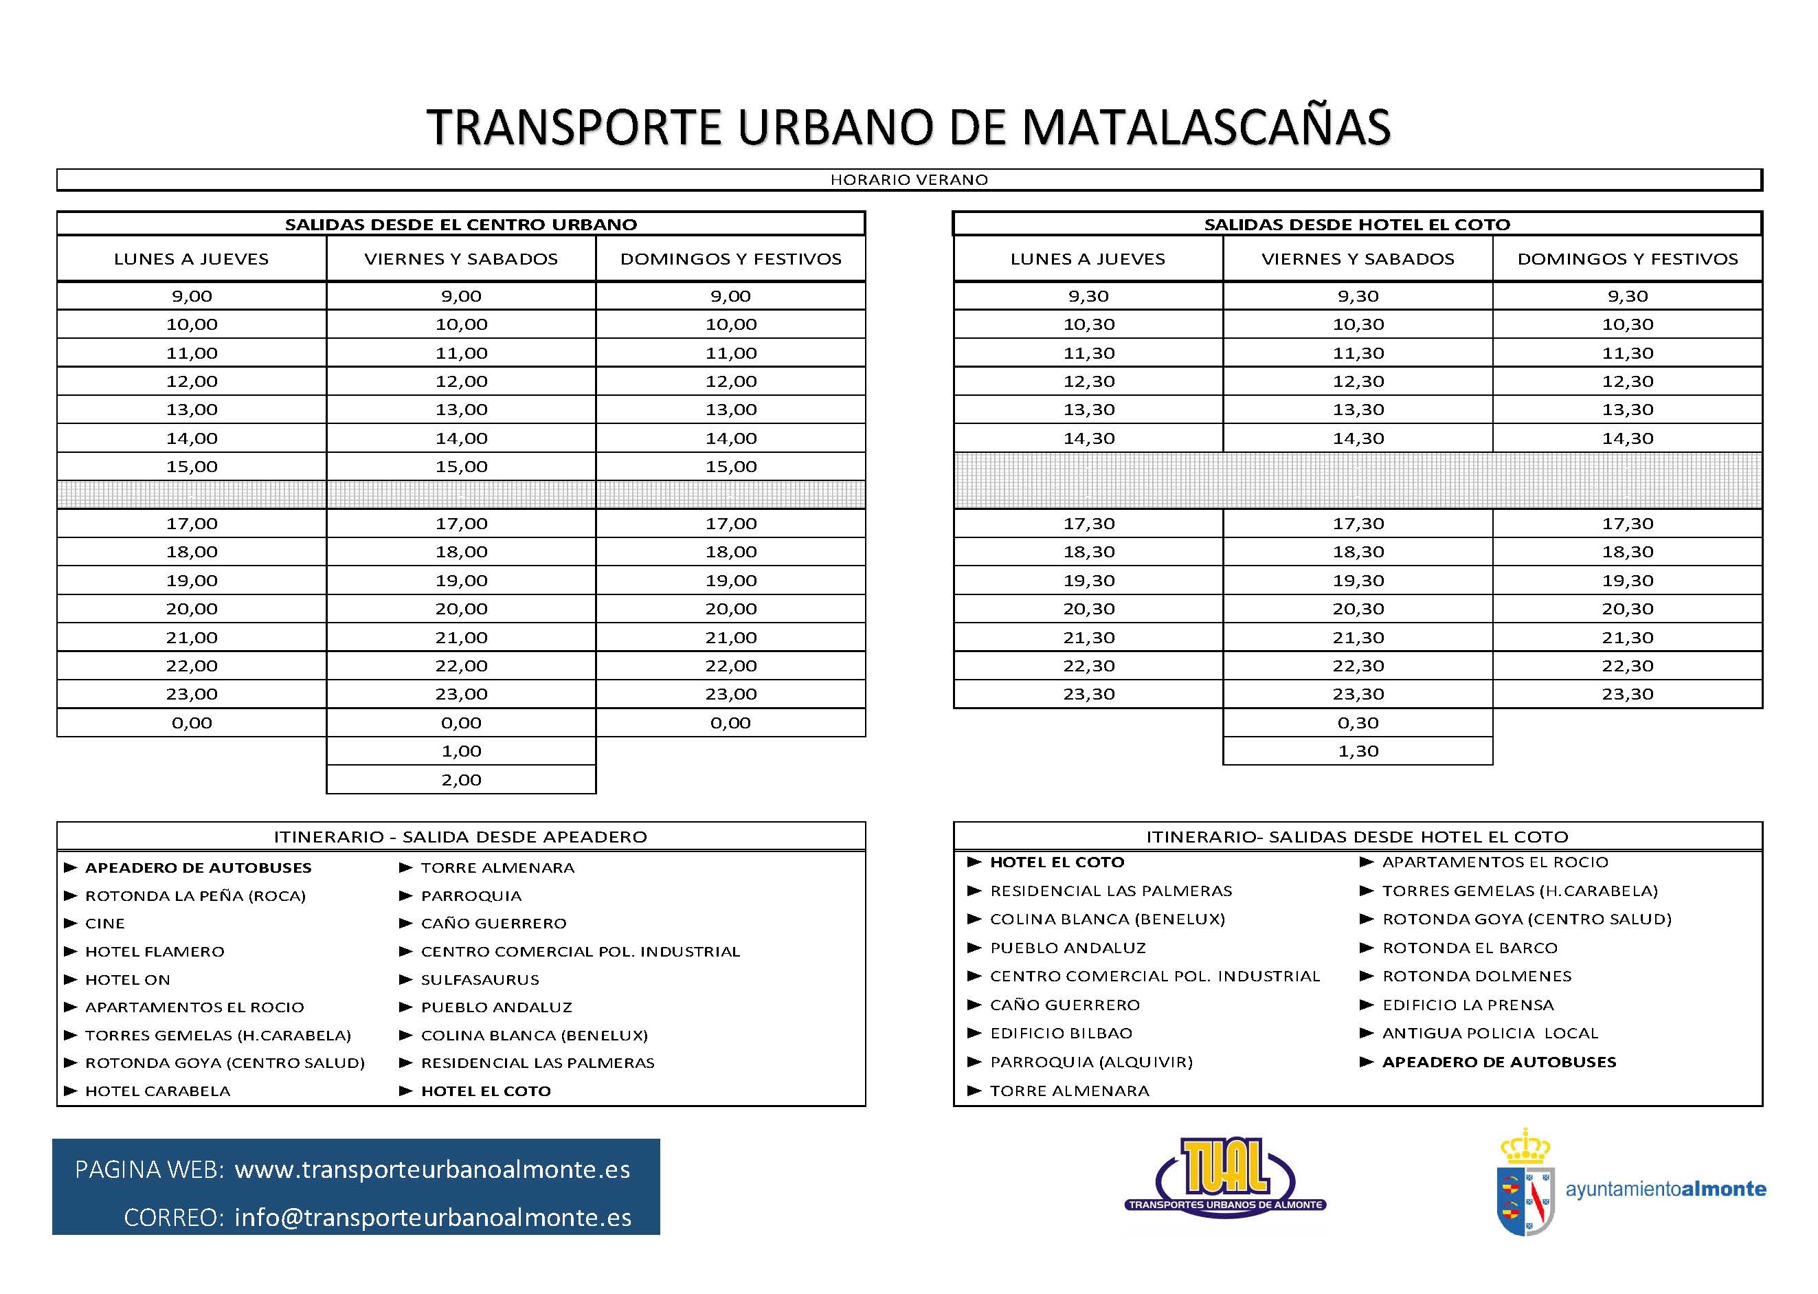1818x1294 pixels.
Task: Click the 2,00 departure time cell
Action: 461,780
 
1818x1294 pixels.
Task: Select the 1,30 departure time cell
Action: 1358,751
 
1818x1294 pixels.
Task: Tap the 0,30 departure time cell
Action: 1358,723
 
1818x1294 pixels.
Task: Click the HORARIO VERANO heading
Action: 909,180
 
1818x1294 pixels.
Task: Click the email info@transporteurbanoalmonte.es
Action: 433,1218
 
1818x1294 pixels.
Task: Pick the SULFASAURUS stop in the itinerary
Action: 480,980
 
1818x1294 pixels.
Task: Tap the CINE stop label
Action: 105,924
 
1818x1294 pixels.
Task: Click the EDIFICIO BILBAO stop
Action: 1060,1034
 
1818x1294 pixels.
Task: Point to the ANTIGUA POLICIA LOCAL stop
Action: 1490,1034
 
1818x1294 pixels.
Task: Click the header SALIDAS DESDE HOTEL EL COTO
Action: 1357,225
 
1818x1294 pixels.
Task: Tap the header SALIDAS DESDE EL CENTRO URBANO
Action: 460,225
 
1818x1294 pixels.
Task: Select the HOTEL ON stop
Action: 128,980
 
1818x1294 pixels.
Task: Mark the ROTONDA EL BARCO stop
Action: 1469,948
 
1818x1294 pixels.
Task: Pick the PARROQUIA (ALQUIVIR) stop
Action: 1090,1062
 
